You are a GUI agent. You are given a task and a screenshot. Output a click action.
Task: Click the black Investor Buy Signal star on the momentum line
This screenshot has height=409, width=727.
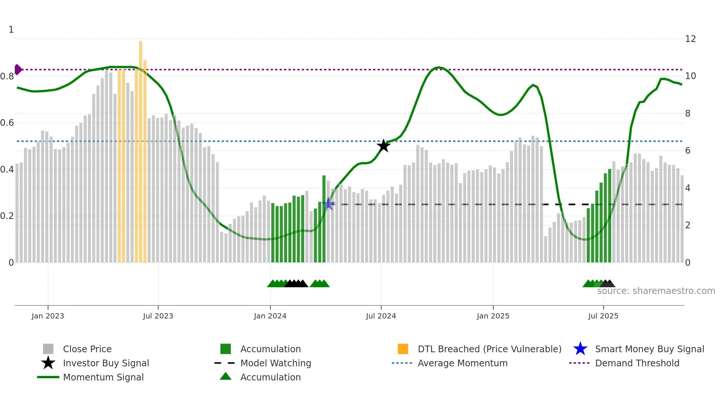coord(384,146)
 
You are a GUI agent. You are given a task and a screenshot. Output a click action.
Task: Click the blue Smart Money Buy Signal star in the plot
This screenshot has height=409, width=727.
coord(328,204)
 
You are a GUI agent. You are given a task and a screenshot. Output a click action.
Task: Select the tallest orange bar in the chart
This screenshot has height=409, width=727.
coord(141,148)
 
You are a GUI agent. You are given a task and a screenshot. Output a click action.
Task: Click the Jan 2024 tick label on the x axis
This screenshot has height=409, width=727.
coord(270,316)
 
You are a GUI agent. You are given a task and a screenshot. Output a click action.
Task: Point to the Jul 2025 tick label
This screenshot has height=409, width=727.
coord(603,316)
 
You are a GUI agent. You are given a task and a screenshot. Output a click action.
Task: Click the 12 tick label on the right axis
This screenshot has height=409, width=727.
coord(690,39)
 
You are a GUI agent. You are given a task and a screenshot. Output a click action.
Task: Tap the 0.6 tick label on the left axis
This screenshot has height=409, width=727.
coord(7,123)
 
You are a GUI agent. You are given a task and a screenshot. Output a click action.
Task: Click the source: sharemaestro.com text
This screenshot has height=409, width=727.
coord(656,291)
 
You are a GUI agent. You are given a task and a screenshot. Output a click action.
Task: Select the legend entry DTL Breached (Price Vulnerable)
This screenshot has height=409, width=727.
coord(489,349)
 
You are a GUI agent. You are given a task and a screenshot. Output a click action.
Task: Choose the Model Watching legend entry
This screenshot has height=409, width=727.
coord(276,363)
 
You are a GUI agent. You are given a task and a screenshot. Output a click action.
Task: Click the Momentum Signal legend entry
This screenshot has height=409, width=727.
coord(103,377)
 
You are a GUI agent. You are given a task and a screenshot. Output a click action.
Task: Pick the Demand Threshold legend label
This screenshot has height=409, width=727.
coord(637,363)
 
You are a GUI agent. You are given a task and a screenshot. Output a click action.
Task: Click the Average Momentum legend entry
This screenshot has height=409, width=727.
coord(463,363)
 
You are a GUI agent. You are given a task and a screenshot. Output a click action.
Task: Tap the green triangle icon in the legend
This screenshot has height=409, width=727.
coord(226,377)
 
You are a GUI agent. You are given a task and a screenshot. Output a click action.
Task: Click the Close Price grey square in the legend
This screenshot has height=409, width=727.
coord(48,349)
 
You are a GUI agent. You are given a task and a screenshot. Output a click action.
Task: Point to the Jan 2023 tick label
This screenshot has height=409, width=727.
coord(48,316)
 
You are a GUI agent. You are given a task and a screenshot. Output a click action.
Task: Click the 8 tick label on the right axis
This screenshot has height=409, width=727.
coord(688,114)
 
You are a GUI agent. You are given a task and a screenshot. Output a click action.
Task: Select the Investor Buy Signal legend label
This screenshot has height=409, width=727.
coord(106,363)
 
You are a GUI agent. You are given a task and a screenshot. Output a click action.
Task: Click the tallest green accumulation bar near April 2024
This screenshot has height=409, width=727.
coord(324,219)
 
